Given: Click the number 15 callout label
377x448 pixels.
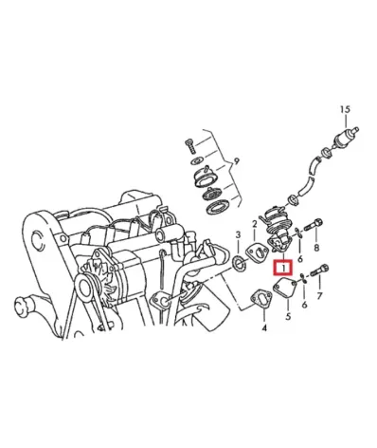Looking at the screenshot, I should [344, 109].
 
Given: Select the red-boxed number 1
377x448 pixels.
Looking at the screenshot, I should [281, 269].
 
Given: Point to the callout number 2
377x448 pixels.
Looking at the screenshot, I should [253, 225].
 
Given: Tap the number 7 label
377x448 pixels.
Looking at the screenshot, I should [319, 297].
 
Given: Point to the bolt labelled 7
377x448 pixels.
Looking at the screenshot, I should [319, 271].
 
